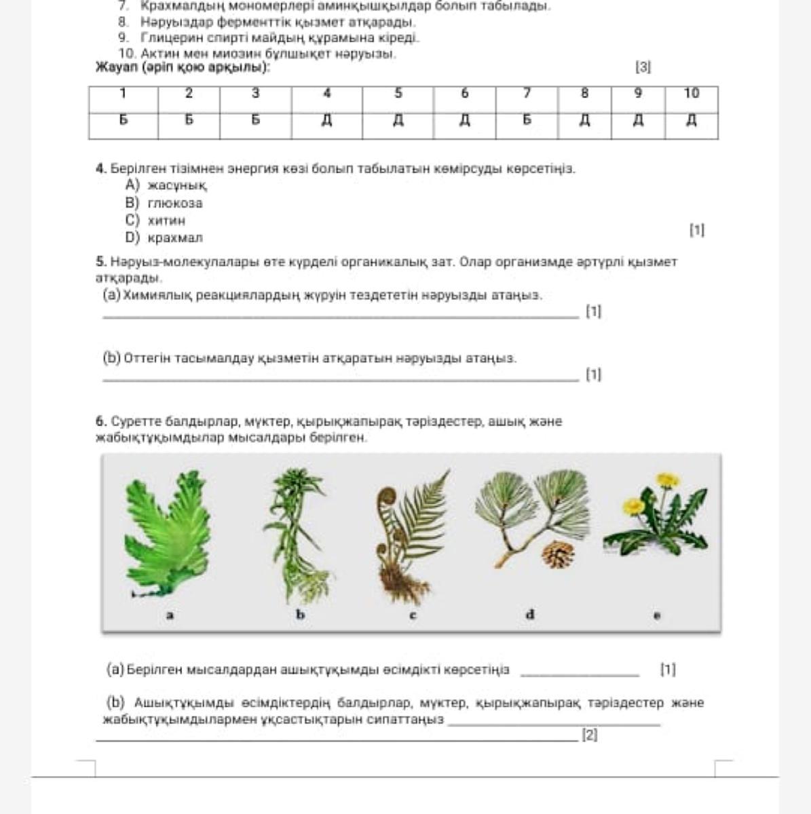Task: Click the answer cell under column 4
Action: tap(326, 121)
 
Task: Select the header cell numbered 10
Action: tap(691, 94)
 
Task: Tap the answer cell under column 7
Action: tap(527, 121)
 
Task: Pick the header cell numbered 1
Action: tap(123, 94)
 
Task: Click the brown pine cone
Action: tap(558, 555)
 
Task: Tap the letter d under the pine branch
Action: tap(530, 615)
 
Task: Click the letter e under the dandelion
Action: tap(656, 616)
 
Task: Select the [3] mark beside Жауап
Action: tap(643, 67)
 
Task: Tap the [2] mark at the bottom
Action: tap(589, 735)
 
